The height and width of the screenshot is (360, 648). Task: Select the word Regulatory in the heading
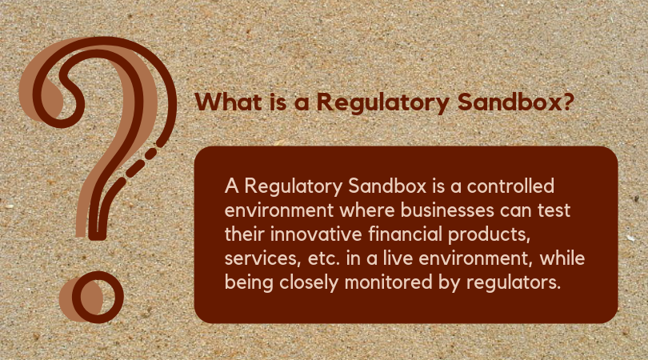382,103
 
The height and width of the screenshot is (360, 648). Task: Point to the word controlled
510,186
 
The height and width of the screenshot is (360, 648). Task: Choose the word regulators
514,283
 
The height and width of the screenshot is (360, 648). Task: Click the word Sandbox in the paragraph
387,186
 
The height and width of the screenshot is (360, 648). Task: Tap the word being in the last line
249,283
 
